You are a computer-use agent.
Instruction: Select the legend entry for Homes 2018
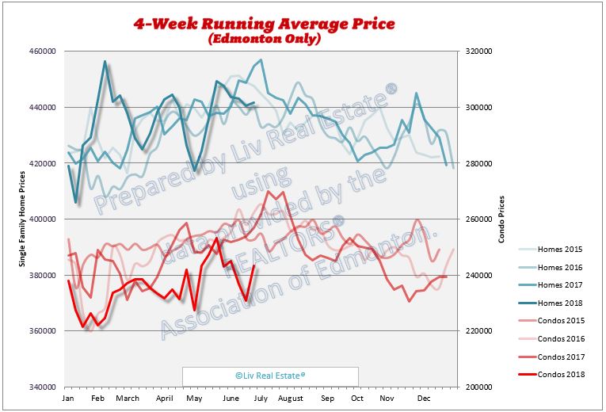pyautogui.click(x=559, y=302)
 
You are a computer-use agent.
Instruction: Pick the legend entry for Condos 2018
pyautogui.click(x=561, y=374)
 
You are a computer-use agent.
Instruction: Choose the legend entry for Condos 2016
pyautogui.click(x=561, y=338)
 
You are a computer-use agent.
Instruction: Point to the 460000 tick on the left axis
pyautogui.click(x=42, y=51)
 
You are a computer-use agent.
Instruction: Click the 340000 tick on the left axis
pyautogui.click(x=42, y=387)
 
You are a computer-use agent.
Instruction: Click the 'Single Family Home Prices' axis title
pyautogui.click(x=22, y=219)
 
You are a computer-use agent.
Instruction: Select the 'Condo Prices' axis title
pyautogui.click(x=501, y=219)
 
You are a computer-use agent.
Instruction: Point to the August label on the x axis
pyautogui.click(x=291, y=396)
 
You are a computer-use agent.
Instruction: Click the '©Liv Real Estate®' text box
pyautogui.click(x=270, y=376)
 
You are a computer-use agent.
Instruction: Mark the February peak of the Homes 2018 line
pyautogui.click(x=105, y=61)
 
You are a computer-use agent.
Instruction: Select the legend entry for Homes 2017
pyautogui.click(x=559, y=284)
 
